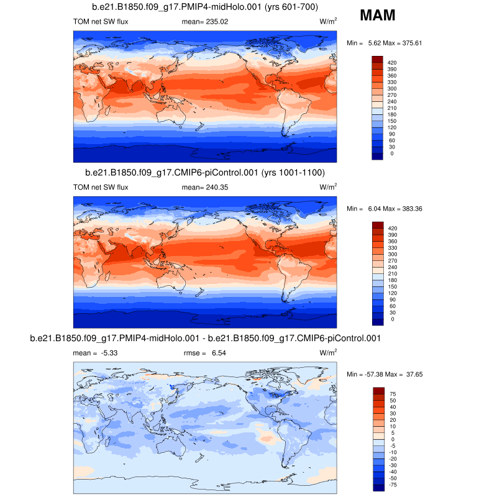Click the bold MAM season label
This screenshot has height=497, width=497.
(x=378, y=16)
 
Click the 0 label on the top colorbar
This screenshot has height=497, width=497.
(x=391, y=153)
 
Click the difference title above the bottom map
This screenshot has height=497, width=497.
(x=205, y=338)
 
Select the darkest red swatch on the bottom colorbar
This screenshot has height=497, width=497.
(x=378, y=390)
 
